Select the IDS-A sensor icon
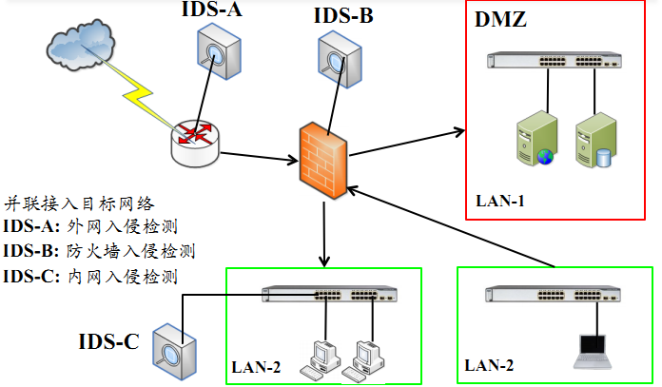point(217,49)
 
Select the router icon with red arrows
point(195,138)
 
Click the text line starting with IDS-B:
point(99,251)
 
